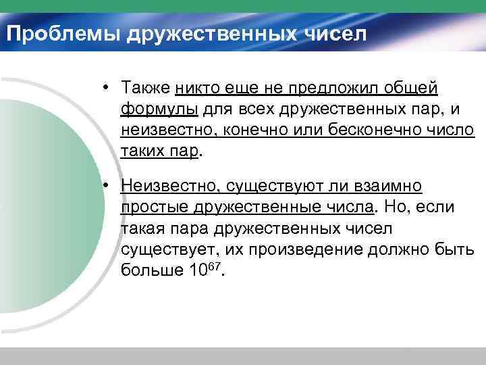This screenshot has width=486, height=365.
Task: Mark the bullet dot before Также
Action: click(x=107, y=88)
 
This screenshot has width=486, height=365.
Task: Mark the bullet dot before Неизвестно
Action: click(x=107, y=185)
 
